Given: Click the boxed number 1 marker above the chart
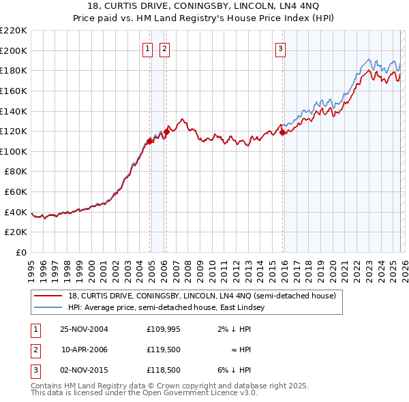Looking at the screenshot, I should pyautogui.click(x=147, y=48).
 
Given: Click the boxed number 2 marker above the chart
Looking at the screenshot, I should pyautogui.click(x=164, y=48).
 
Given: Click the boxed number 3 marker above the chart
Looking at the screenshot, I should pyautogui.click(x=280, y=48).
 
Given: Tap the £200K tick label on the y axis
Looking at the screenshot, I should pyautogui.click(x=14, y=50).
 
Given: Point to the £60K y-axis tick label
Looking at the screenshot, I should pyautogui.click(x=16, y=192).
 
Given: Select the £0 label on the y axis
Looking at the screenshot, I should pyautogui.click(x=22, y=253).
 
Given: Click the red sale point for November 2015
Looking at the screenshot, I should pyautogui.click(x=282, y=133).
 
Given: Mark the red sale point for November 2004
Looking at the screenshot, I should pyautogui.click(x=150, y=141).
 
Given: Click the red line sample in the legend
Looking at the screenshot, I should pyautogui.click(x=47, y=296).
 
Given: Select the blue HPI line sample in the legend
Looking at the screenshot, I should pyautogui.click(x=47, y=308).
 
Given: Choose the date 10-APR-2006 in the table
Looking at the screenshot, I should pyautogui.click(x=85, y=350).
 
